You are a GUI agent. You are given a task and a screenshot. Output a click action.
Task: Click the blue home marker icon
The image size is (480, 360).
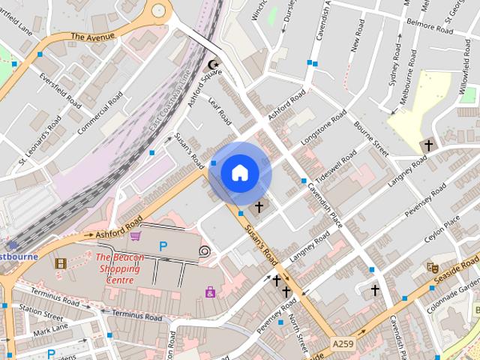pos(239,172)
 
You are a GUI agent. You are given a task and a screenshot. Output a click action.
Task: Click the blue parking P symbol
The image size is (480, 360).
pos(163,246)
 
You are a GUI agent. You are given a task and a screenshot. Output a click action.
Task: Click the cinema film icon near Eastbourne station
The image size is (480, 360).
pos(60,263)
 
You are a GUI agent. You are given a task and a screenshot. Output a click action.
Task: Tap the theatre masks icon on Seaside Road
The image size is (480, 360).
pos(432,267)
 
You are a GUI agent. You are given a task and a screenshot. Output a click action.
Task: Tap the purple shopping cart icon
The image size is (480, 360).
pos(135,236)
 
